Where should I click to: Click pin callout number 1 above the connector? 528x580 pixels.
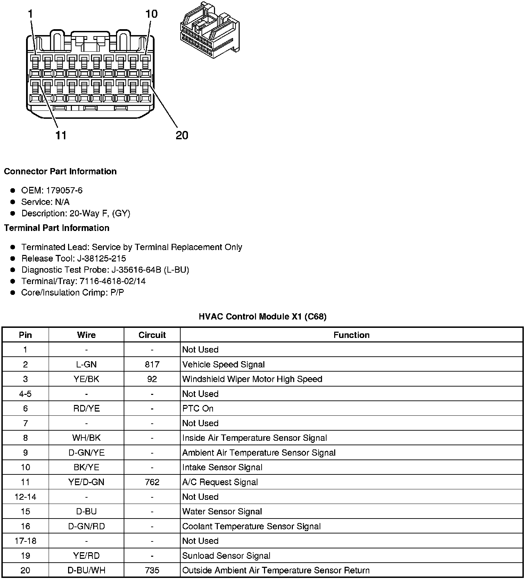(x=31, y=14)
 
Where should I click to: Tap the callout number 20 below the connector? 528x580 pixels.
(x=182, y=135)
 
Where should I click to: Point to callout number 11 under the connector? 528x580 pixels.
(x=61, y=135)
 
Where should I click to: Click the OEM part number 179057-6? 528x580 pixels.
(x=64, y=190)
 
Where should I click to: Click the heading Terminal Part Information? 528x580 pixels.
(x=57, y=228)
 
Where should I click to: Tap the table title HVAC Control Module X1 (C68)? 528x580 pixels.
(x=262, y=316)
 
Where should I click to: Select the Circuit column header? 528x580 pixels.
(x=152, y=335)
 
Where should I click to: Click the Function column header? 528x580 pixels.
(x=351, y=335)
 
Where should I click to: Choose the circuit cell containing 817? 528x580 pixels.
(x=152, y=364)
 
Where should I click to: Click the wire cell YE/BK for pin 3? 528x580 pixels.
(x=86, y=379)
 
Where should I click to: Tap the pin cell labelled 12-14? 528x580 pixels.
(x=25, y=497)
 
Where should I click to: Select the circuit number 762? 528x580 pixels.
(x=152, y=482)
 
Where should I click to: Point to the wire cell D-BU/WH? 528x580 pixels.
(x=86, y=570)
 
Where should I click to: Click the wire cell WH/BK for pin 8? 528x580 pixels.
(x=86, y=438)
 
